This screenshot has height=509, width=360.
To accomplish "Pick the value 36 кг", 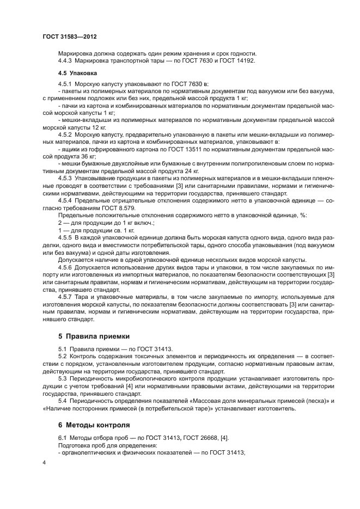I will (87, 155).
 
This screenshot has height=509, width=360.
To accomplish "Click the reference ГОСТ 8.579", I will (119, 208).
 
